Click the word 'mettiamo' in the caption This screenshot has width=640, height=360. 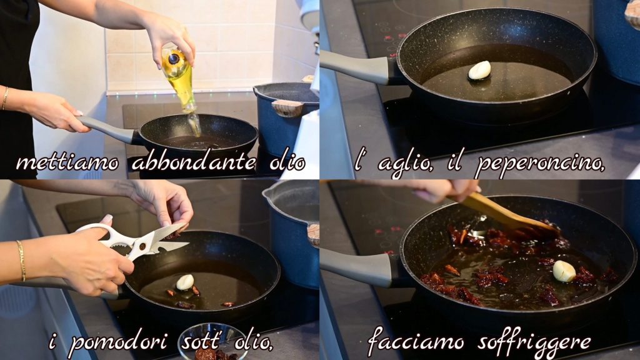click(x=67, y=162)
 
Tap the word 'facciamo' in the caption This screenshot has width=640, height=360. click(x=416, y=341)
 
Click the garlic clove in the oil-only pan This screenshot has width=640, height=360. click(x=479, y=70)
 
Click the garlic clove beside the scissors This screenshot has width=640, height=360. click(x=184, y=282)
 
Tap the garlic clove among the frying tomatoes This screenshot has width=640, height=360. click(x=564, y=271)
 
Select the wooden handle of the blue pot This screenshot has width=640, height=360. click(x=287, y=108)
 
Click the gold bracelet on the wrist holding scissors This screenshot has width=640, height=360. click(x=21, y=261)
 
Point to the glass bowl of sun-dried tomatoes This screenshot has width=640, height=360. click(x=214, y=342)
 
